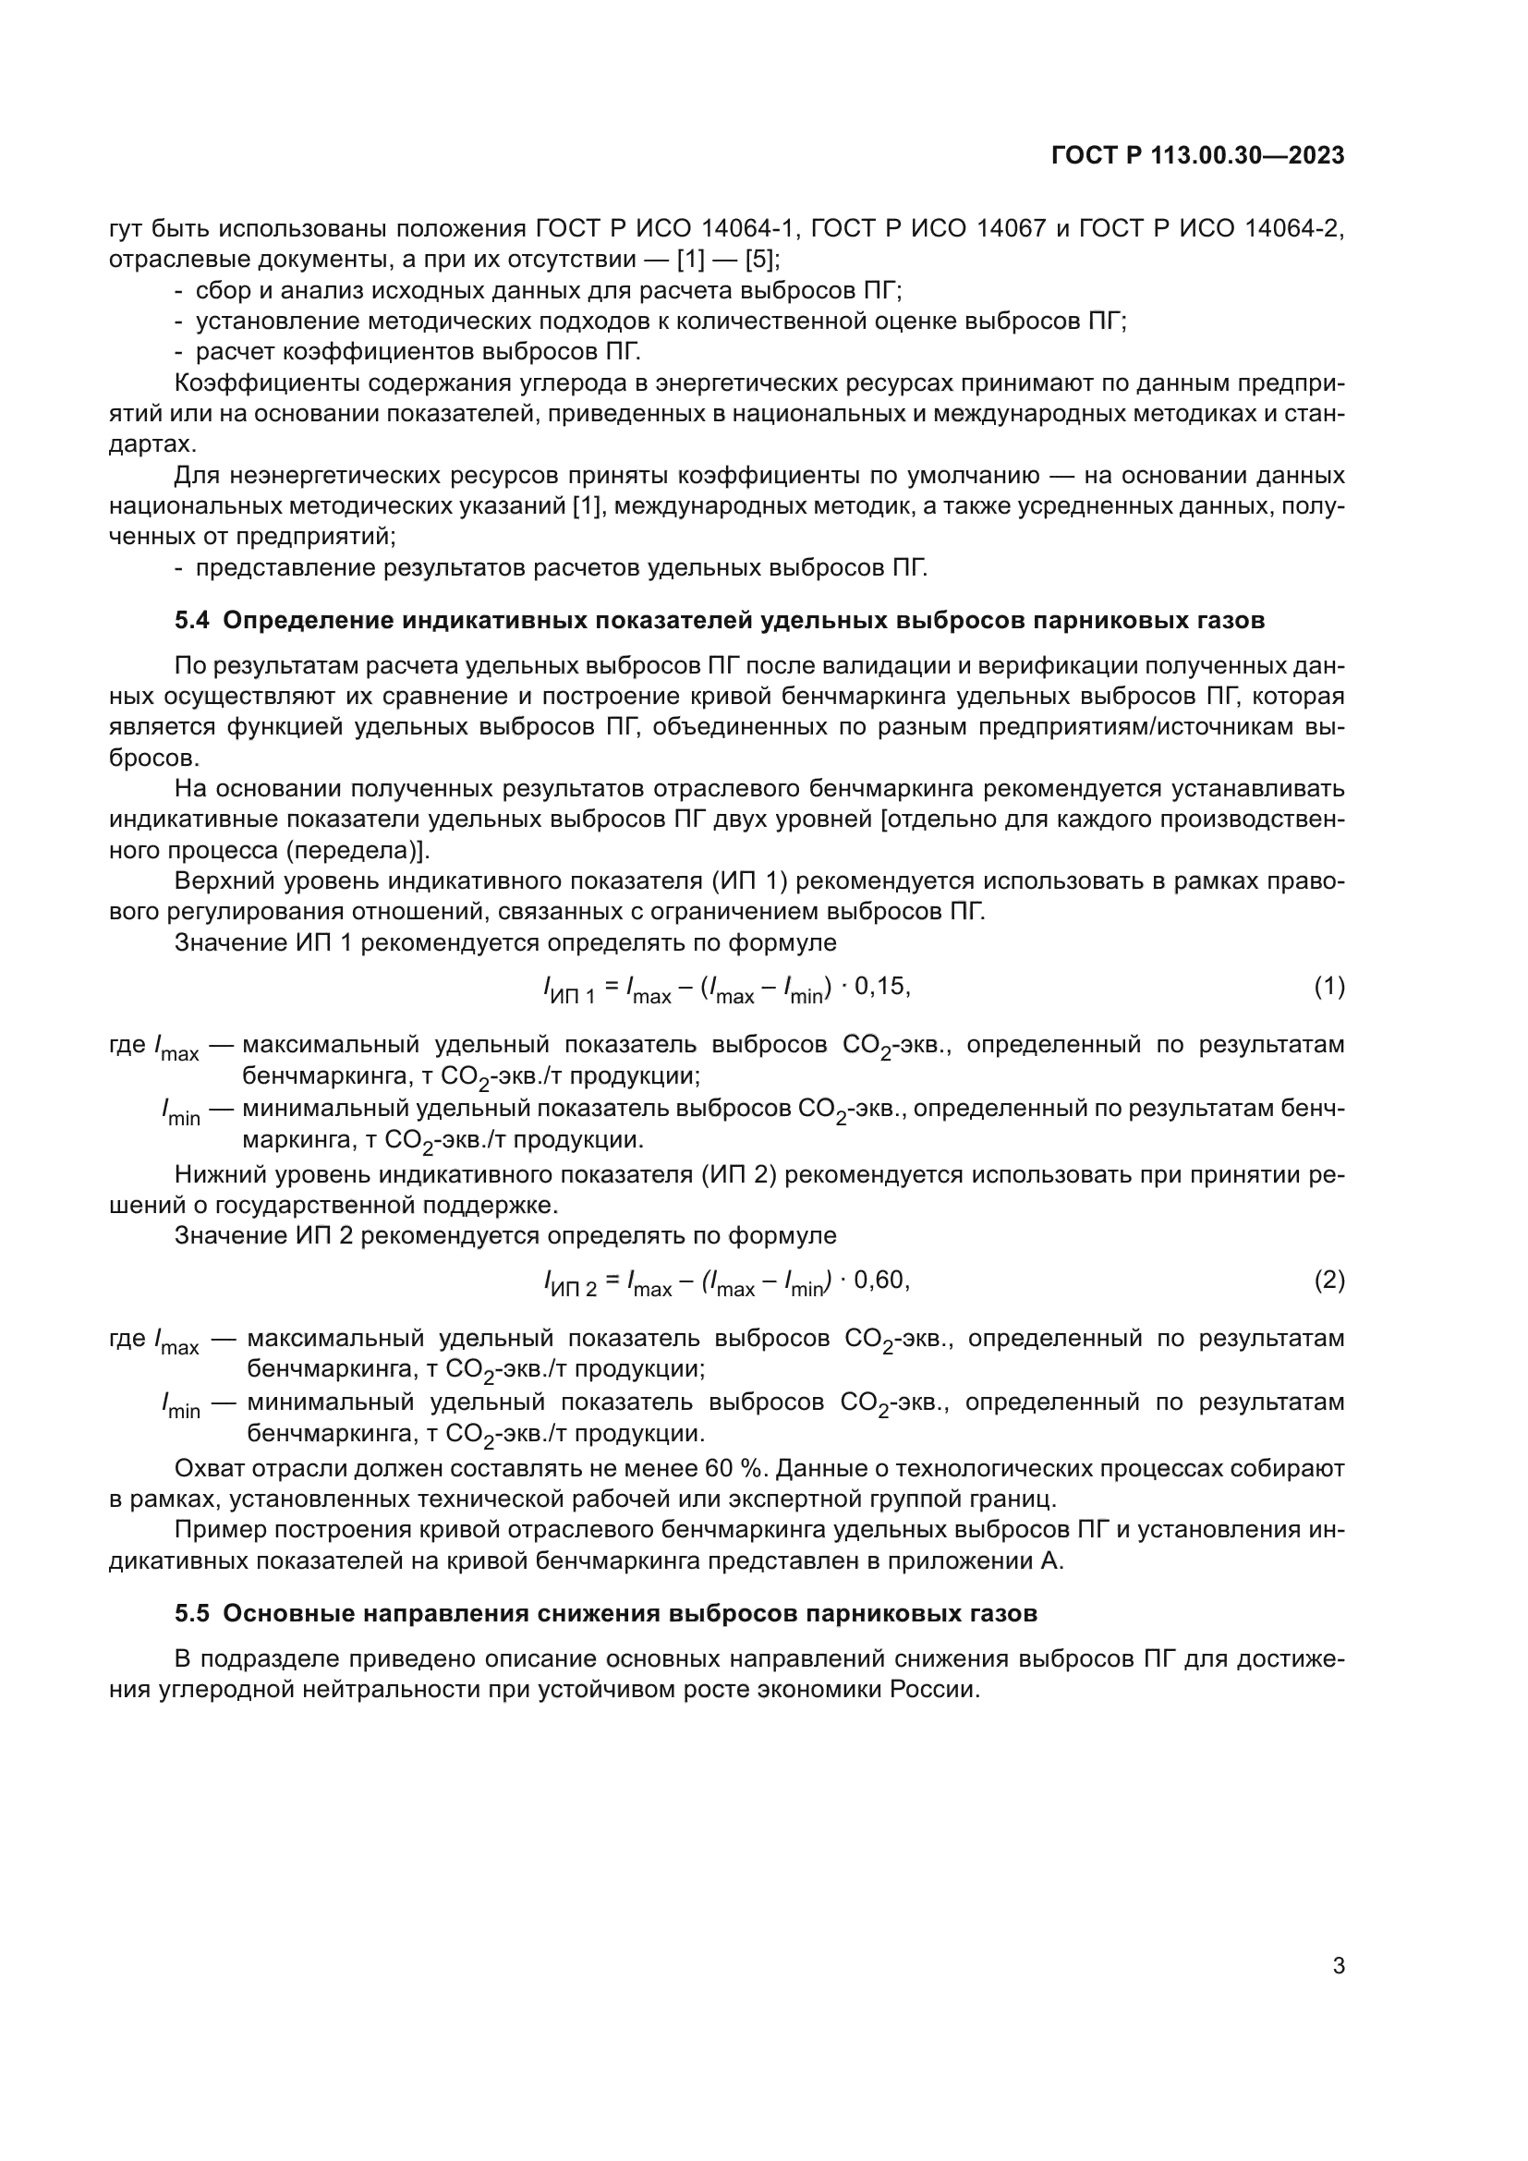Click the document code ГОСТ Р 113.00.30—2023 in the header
point(1196,156)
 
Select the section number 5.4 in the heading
point(193,620)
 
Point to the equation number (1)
point(1328,987)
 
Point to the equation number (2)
point(1328,1280)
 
